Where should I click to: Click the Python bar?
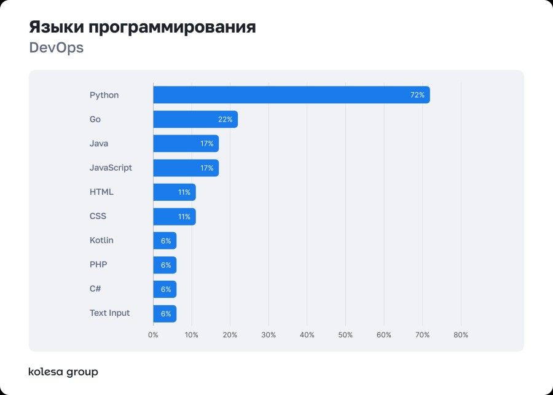coord(291,95)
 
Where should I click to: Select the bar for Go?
coord(195,119)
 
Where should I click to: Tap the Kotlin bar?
coord(165,241)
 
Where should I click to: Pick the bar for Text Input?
coord(165,313)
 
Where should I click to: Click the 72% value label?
coord(417,95)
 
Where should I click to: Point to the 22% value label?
coord(225,119)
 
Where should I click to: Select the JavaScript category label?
coord(111,168)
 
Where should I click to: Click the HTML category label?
coord(101,192)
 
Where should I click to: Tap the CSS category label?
coord(98,216)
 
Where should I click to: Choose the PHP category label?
coord(98,265)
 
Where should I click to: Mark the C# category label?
coord(95,289)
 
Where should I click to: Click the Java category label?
coord(99,144)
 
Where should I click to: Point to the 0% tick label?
coord(153,335)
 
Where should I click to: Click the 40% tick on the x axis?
coord(307,335)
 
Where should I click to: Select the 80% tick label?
coord(461,335)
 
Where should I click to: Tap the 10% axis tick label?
coord(192,335)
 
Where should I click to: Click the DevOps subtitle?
coord(56,48)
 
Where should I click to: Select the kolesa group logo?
coord(63,372)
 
